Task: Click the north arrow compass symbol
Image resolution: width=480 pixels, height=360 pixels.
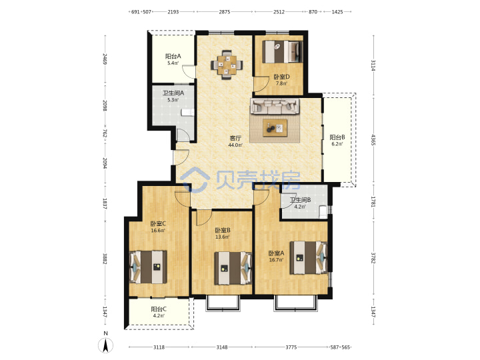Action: [x=105, y=345]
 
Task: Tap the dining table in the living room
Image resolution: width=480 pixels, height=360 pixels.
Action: [x=227, y=65]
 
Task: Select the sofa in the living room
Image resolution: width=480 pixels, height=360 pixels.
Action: [x=275, y=106]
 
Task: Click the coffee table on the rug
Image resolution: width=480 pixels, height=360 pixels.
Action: [x=275, y=127]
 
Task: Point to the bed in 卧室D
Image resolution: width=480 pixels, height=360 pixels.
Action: [x=282, y=52]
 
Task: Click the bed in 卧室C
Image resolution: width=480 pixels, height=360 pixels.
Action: [x=149, y=267]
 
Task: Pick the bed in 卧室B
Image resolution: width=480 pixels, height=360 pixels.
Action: [x=233, y=268]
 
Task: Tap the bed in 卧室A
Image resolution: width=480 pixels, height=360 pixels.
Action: [x=309, y=257]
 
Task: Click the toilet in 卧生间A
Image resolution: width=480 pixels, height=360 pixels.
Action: [x=187, y=113]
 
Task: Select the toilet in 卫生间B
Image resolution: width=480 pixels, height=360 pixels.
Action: [x=323, y=212]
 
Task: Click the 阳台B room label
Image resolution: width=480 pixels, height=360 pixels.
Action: [x=337, y=137]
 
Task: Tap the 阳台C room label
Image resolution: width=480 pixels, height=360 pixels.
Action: [x=159, y=309]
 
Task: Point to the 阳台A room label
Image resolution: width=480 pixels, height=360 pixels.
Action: [x=173, y=56]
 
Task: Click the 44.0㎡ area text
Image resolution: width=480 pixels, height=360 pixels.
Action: [x=235, y=145]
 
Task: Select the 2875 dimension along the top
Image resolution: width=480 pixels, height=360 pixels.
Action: [x=225, y=12]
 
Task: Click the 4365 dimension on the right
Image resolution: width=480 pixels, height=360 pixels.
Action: [x=373, y=139]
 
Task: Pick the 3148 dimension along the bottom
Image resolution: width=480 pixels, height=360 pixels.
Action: [x=222, y=347]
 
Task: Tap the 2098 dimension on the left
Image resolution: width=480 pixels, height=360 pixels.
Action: [x=105, y=105]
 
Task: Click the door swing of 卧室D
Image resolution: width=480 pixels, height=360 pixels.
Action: [x=259, y=85]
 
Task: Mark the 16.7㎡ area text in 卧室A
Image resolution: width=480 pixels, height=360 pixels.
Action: [x=276, y=260]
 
